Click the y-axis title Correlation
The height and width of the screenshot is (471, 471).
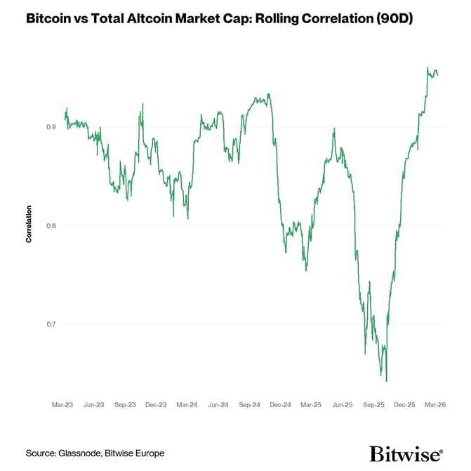point(29,224)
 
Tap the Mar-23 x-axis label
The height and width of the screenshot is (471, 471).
point(63,405)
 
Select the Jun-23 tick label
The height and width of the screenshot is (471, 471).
point(94,405)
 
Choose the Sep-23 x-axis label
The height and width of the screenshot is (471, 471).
point(126,405)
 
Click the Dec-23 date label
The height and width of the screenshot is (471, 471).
point(157,405)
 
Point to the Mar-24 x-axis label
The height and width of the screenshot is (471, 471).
point(187,405)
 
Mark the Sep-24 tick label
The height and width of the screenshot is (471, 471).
point(250,405)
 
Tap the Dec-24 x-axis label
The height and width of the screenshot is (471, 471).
point(281,405)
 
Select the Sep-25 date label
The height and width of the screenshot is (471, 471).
point(374,405)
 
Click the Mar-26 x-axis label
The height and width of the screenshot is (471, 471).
point(435,405)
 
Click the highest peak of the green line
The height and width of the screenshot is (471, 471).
point(428,67)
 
